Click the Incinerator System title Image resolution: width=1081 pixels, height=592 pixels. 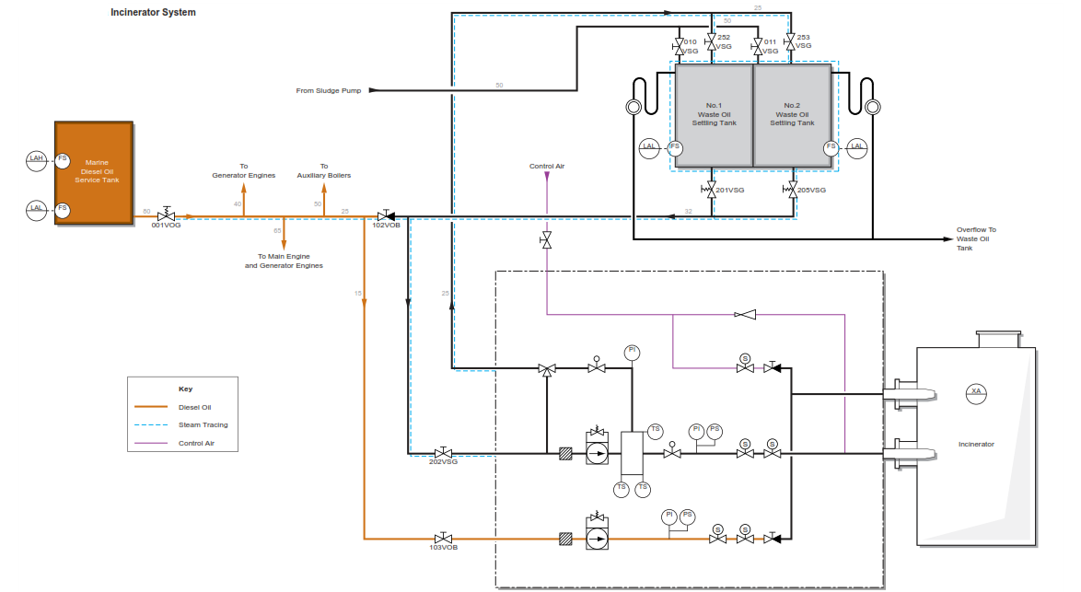pos(153,13)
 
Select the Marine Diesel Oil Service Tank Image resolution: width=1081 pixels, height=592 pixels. pos(94,172)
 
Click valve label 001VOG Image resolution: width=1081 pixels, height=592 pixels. pos(167,225)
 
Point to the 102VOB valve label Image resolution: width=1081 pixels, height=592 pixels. pos(386,226)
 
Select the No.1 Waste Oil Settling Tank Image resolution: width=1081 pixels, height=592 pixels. pos(714,114)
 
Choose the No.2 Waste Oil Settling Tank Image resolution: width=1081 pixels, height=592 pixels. pos(792,114)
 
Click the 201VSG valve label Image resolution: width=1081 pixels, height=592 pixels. pos(730,190)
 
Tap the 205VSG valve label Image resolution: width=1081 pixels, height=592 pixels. pos(811,190)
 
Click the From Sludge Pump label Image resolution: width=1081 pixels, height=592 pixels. pos(328,90)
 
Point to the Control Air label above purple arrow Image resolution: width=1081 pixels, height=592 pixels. pos(546,167)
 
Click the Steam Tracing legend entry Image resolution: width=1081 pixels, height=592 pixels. pos(203,425)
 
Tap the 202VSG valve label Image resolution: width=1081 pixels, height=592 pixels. pos(443,461)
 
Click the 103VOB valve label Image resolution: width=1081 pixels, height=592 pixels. pos(443,547)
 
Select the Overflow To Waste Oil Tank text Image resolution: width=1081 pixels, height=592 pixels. pos(975,238)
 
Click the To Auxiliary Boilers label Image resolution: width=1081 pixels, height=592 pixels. pos(323,170)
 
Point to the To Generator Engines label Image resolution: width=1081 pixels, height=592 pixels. pos(243,170)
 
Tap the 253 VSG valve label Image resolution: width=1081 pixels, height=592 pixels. pos(803,41)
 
